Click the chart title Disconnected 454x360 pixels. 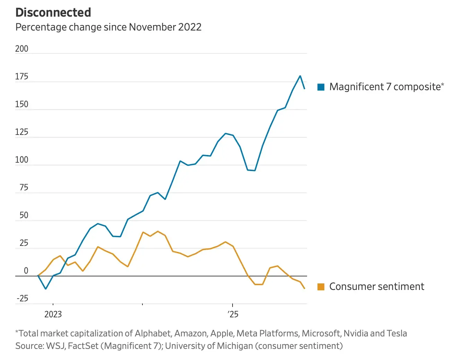[53, 12]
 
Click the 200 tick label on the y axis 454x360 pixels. [21, 49]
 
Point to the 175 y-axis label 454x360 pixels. [21, 77]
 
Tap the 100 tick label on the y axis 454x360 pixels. [21, 160]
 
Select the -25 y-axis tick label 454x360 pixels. [22, 299]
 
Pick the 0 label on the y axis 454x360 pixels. [26, 271]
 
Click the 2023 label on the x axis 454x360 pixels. [53, 314]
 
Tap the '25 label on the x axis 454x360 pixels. [233, 314]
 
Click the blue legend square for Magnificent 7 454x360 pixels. [321, 87]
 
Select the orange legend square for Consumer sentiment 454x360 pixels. [321, 287]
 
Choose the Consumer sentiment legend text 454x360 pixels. [376, 286]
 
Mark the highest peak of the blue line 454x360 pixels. [300, 76]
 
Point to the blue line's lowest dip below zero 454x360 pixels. [45, 289]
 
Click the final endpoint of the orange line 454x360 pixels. [305, 289]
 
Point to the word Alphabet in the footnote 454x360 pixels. [152, 333]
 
